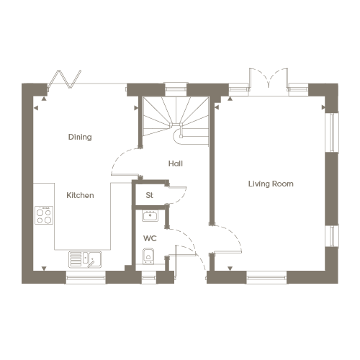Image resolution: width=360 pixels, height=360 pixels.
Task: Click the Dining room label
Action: pyautogui.click(x=80, y=137)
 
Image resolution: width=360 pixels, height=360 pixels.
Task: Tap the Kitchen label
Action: pyautogui.click(x=80, y=195)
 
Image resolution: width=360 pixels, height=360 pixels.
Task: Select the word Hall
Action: pyautogui.click(x=176, y=163)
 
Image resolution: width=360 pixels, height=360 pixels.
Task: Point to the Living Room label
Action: pyautogui.click(x=271, y=184)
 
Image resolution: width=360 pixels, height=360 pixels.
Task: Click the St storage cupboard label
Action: pyautogui.click(x=149, y=195)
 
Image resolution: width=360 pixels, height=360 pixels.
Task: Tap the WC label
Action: pyautogui.click(x=150, y=238)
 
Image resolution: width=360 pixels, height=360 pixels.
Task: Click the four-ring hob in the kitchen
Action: pyautogui.click(x=44, y=215)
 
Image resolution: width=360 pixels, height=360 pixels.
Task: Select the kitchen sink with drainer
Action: pyautogui.click(x=85, y=259)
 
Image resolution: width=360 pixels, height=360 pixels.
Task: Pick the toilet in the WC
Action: pyautogui.click(x=148, y=256)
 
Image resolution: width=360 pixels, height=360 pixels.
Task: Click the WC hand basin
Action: pyautogui.click(x=150, y=216)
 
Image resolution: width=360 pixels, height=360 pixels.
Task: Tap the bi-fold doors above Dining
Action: pyautogui.click(x=65, y=79)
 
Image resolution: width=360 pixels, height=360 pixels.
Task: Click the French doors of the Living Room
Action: pyautogui.click(x=268, y=80)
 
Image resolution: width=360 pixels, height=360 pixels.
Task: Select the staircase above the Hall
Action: pyautogui.click(x=176, y=121)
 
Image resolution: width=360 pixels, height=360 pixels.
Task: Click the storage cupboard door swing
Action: pyautogui.click(x=176, y=194)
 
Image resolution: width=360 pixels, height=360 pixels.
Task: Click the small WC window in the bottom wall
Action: pyautogui.click(x=149, y=278)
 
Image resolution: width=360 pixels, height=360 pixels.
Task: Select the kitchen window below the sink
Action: pyautogui.click(x=86, y=278)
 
